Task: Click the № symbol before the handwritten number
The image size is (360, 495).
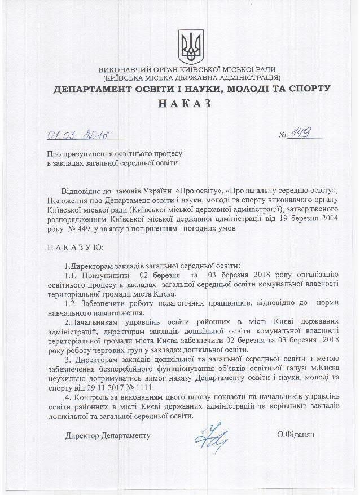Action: point(283,136)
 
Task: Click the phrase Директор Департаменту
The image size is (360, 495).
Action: point(108,436)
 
